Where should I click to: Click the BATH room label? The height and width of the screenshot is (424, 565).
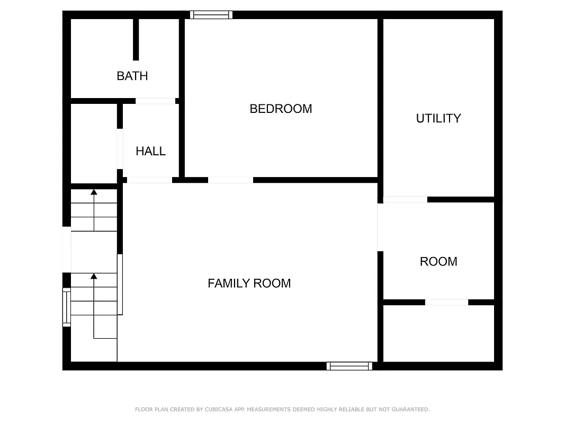tap(132, 76)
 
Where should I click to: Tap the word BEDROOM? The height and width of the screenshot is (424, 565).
tap(281, 109)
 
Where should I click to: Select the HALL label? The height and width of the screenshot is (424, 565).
tap(151, 151)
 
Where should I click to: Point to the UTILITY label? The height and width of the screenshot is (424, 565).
tap(438, 118)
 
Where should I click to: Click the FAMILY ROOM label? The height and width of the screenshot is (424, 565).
tap(249, 283)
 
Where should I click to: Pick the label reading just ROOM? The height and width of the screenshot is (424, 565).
tap(438, 261)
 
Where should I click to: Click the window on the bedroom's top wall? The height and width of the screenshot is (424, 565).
tap(211, 15)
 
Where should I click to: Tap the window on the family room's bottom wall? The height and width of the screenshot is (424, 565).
tap(349, 366)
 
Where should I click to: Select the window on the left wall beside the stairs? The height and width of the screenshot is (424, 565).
tap(67, 307)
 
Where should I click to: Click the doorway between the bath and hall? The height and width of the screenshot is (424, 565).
tap(155, 101)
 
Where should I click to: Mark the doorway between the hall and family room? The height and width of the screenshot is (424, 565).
tap(149, 180)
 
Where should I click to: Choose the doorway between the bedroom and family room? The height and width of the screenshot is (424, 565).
tap(230, 180)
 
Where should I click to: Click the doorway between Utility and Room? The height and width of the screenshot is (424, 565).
tap(405, 200)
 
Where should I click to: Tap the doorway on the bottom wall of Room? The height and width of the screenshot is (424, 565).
tap(446, 302)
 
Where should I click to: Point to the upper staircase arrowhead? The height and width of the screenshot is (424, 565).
tap(94, 192)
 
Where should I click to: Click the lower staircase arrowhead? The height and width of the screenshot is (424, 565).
tap(94, 276)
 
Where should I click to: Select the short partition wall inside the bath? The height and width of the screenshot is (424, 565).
tap(136, 39)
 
